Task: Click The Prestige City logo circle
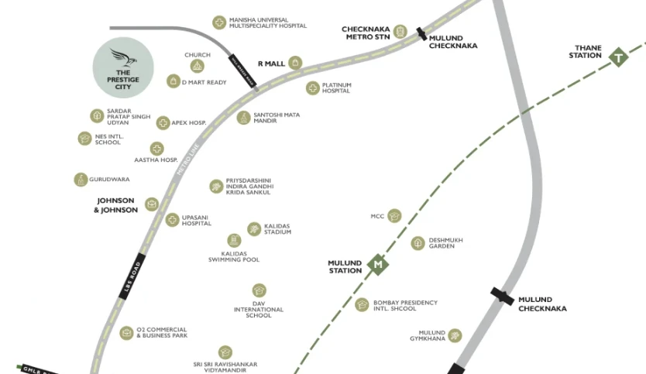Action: coord(124,67)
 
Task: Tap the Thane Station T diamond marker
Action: coord(618,57)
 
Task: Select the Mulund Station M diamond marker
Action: coord(378,265)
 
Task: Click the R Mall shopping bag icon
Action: coord(295,63)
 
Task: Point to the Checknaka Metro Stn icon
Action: coord(400,32)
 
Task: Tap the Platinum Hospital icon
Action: coord(312,88)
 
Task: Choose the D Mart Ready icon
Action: coord(173,81)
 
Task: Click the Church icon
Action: coord(197,67)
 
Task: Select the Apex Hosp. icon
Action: coord(163,122)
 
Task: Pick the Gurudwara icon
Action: coord(81,180)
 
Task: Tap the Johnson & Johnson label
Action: coord(115,205)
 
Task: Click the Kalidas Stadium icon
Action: coord(254,228)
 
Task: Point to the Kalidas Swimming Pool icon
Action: coord(234,241)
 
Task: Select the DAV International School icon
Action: coord(259,291)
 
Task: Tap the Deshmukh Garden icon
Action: coord(417,243)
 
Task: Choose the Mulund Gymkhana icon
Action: coord(455,335)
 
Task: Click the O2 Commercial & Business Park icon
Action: coord(126,333)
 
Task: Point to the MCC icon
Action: coord(394,216)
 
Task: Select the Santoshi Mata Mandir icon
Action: coord(244,118)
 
